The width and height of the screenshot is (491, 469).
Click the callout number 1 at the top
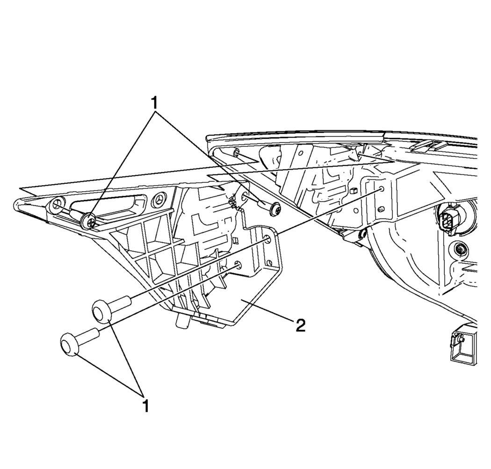click(x=154, y=103)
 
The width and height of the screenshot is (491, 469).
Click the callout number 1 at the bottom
click(x=144, y=406)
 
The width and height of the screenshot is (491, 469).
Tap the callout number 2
click(x=300, y=325)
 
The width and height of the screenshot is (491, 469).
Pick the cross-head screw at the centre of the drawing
click(x=275, y=208)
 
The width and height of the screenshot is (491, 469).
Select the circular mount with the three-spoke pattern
click(x=160, y=201)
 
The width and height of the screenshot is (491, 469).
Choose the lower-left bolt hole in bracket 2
click(x=238, y=265)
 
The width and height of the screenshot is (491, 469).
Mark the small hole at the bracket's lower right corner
click(x=268, y=263)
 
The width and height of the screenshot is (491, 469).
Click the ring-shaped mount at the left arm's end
click(x=57, y=205)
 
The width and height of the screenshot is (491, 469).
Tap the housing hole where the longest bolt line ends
click(x=382, y=189)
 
